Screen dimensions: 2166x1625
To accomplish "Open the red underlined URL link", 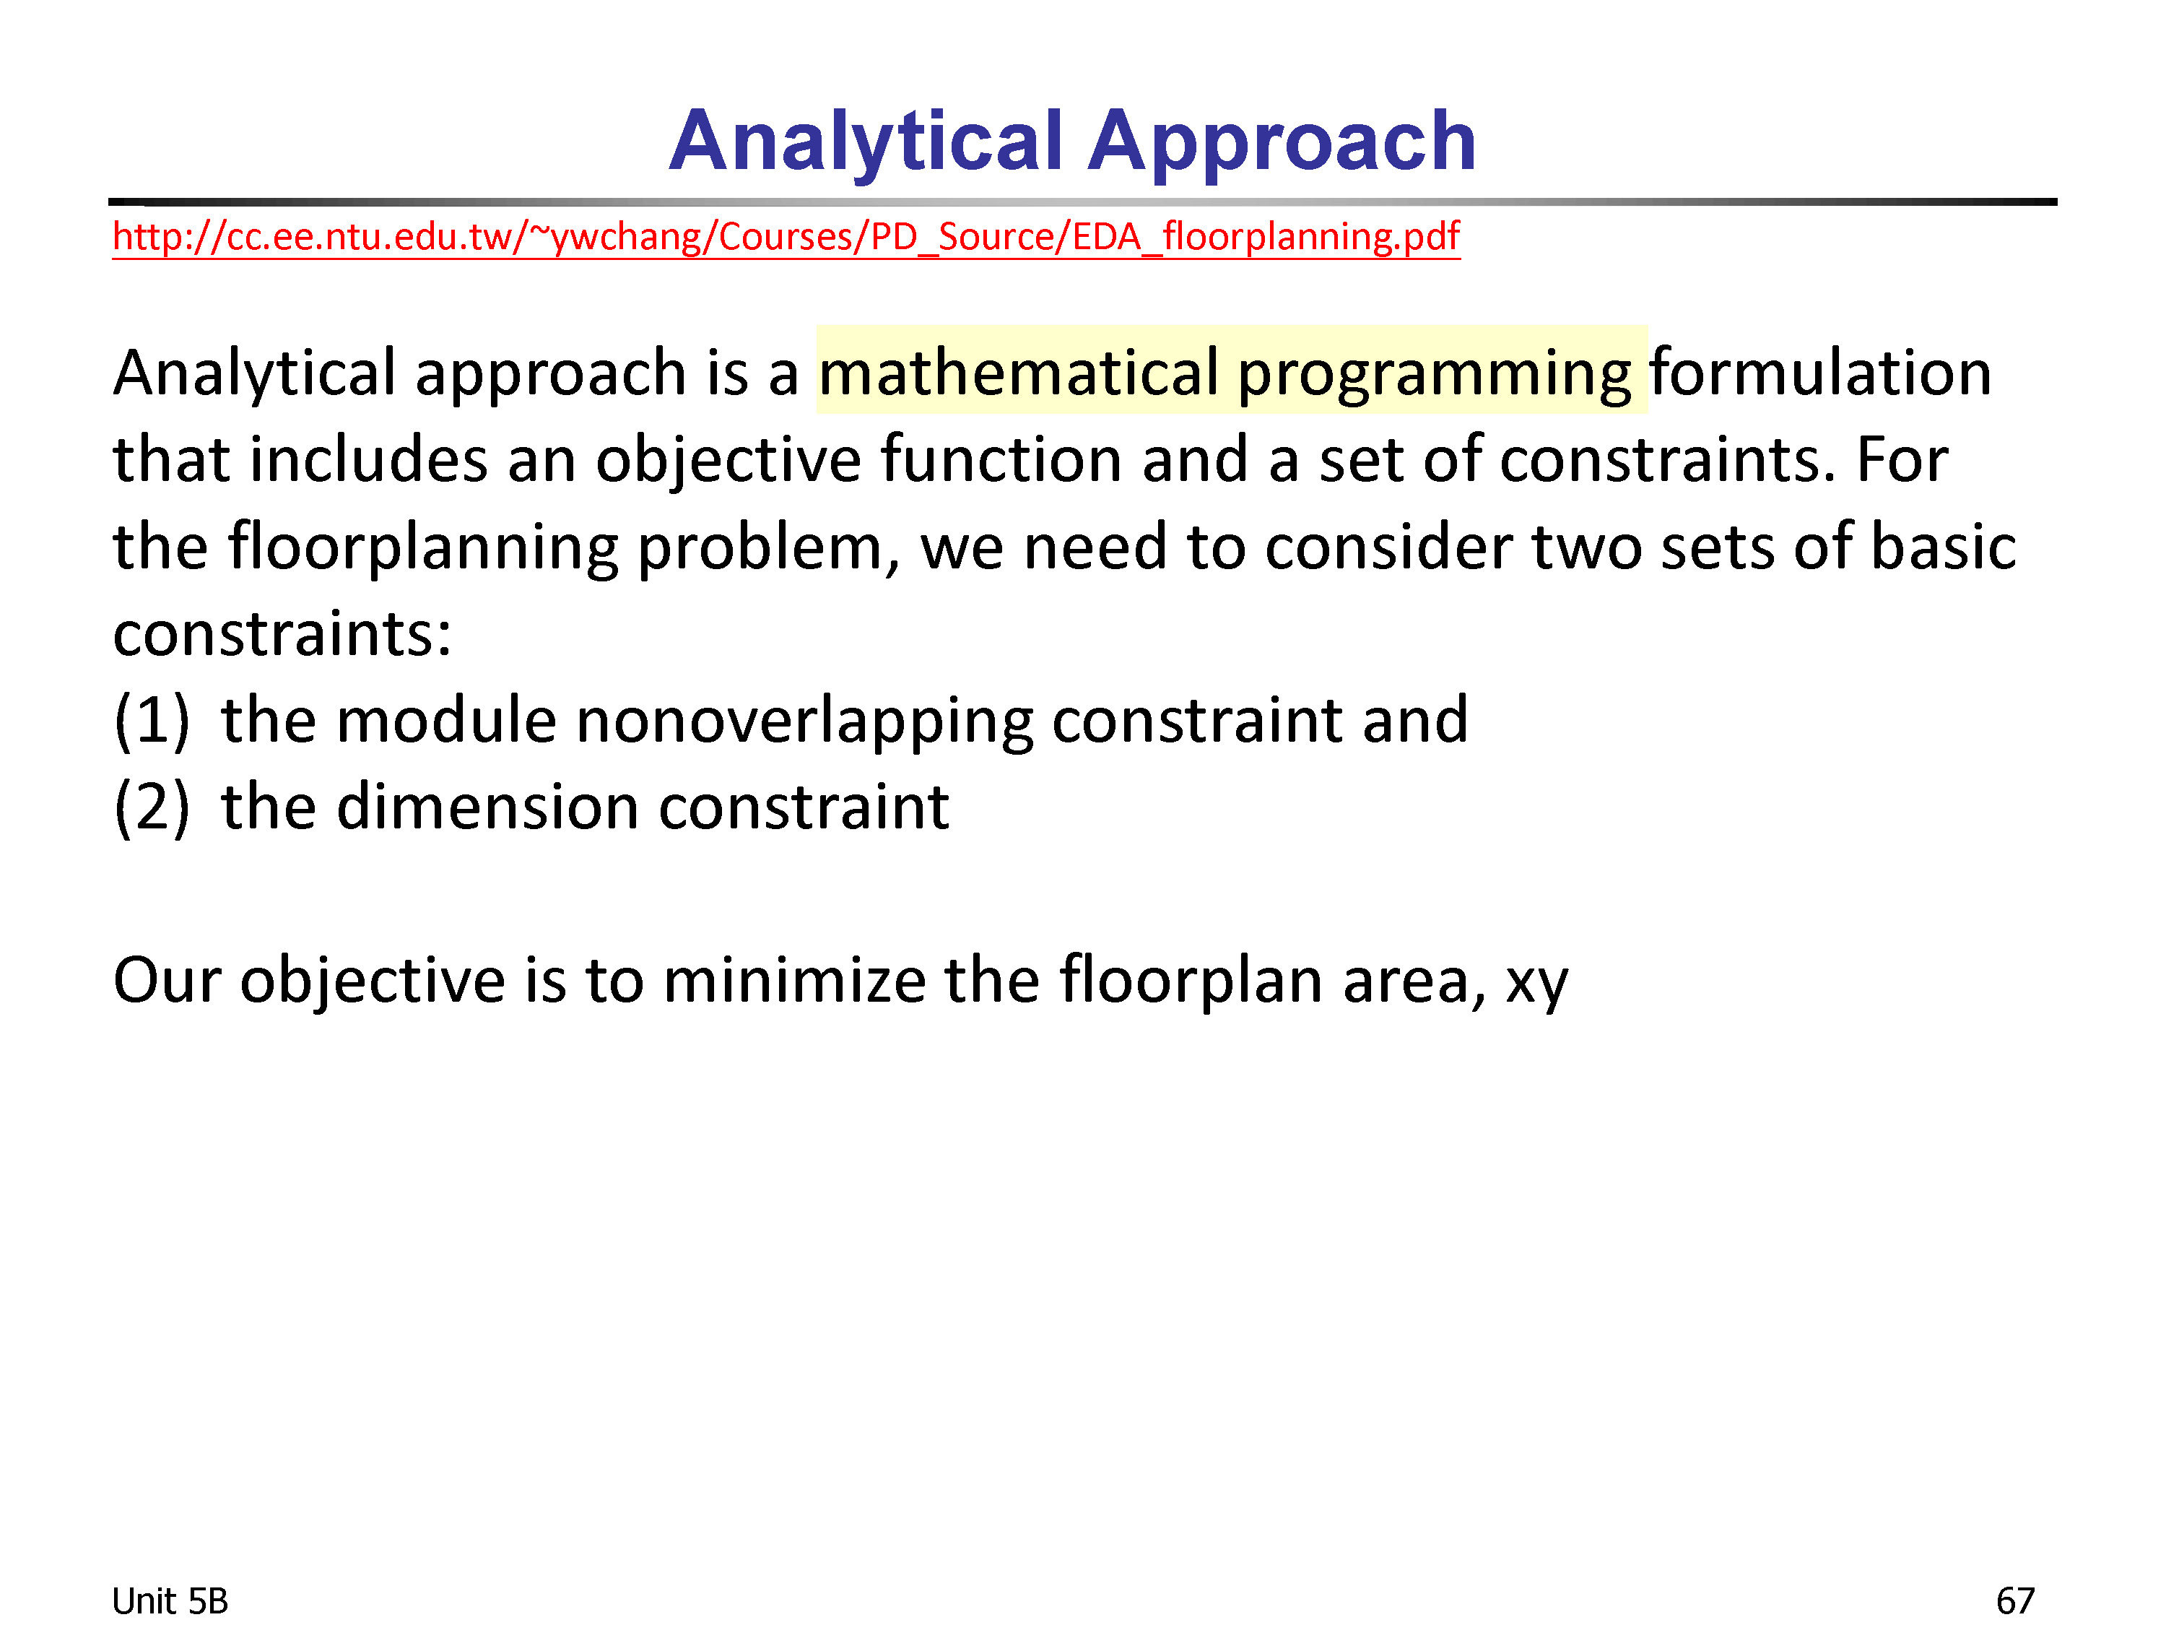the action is [x=786, y=237].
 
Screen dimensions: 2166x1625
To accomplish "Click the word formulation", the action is [x=1820, y=372].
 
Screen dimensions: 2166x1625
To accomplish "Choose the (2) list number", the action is [x=152, y=809].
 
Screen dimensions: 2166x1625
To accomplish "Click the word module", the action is [x=446, y=720].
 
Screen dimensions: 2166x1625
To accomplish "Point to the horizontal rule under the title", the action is [x=1082, y=201].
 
